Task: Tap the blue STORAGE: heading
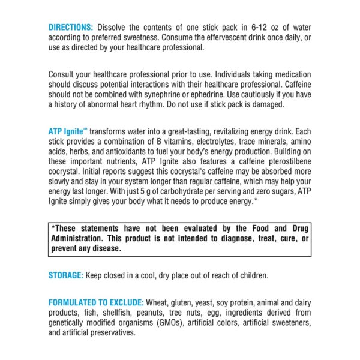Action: coord(67,275)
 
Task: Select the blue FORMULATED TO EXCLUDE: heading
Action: coord(96,303)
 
